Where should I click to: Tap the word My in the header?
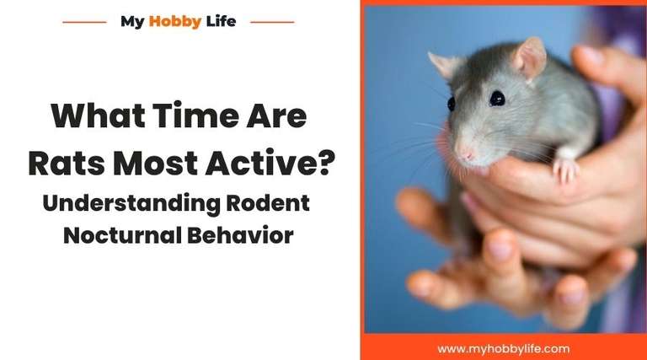(x=132, y=21)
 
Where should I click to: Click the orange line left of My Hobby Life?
(x=84, y=22)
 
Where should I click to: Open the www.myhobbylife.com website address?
(x=503, y=347)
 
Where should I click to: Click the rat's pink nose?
(x=465, y=157)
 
